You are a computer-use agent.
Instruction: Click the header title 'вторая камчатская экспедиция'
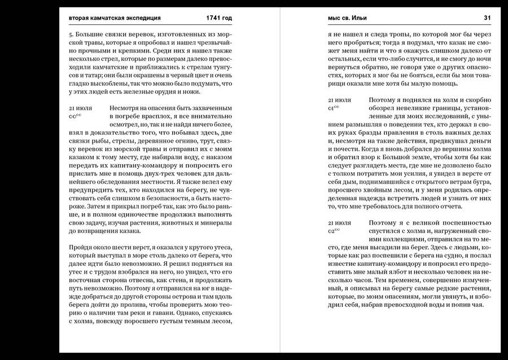pyautogui.click(x=115, y=18)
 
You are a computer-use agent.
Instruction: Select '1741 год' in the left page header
pyautogui.click(x=219, y=18)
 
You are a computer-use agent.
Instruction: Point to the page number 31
pyautogui.click(x=487, y=18)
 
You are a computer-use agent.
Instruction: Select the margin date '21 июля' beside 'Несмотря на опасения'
pyautogui.click(x=80, y=107)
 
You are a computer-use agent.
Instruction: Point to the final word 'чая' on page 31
pyautogui.click(x=479, y=304)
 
